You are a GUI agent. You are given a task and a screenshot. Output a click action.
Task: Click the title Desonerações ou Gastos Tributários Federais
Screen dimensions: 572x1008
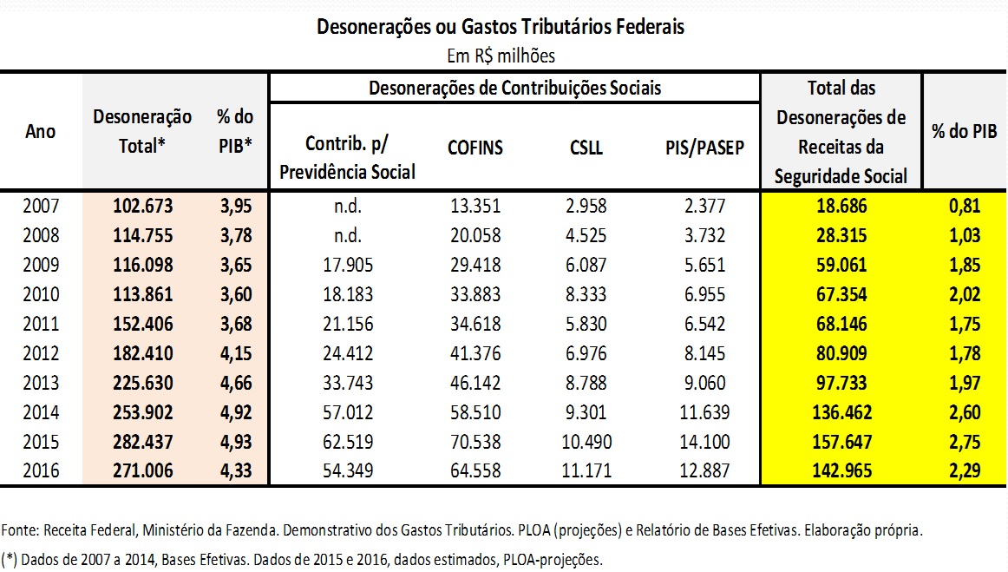501,27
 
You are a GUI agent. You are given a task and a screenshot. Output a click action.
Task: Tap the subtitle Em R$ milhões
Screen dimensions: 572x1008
501,56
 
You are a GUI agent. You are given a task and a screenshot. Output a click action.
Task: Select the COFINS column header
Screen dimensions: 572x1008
475,148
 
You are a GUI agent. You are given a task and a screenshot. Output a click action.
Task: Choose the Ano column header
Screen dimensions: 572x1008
40,132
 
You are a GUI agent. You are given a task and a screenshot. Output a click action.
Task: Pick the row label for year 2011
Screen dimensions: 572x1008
40,324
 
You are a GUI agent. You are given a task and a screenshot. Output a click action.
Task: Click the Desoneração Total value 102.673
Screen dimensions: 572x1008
143,206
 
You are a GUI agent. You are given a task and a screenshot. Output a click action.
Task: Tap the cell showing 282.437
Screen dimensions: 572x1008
143,441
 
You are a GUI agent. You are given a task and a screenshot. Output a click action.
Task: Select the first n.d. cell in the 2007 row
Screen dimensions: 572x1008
347,206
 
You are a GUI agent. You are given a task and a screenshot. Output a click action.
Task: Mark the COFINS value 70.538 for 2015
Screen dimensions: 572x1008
475,441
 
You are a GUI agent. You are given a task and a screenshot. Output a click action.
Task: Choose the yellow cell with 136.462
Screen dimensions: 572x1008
841,411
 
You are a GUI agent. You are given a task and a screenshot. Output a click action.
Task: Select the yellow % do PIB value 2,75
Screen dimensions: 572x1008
965,441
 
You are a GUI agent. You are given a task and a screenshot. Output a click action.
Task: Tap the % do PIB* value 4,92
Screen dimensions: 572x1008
234,411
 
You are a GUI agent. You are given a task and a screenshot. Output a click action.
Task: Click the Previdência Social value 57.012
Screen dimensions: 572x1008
347,411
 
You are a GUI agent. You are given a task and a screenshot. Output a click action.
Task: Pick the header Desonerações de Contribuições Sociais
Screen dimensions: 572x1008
514,89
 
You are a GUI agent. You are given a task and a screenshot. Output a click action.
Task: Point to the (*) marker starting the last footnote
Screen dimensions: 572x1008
10,558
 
